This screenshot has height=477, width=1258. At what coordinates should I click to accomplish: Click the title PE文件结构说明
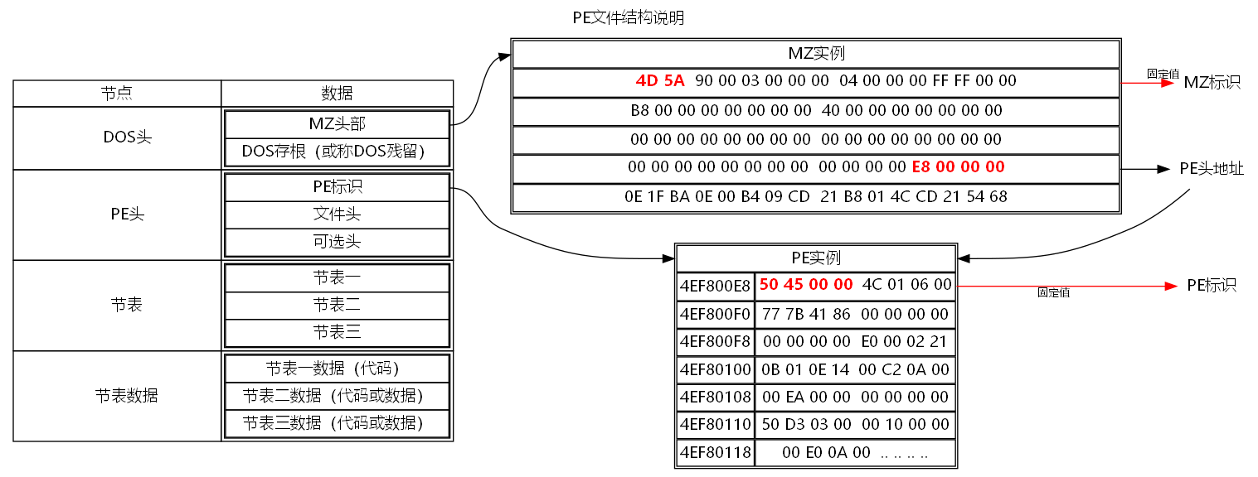point(628,17)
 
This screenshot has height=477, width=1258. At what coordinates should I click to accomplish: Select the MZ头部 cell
point(337,124)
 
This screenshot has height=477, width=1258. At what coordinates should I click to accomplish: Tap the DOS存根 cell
point(337,152)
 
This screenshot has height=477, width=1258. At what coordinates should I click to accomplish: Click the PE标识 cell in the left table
point(337,187)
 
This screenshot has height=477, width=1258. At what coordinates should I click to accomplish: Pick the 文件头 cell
point(337,214)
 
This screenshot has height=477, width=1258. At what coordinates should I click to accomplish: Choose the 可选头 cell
point(337,242)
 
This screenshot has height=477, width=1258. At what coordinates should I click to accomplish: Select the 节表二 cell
point(337,305)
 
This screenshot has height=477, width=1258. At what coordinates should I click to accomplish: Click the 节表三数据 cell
point(337,423)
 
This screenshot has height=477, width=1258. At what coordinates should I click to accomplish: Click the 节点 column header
point(117,93)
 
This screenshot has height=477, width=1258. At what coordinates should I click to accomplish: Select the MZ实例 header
point(816,54)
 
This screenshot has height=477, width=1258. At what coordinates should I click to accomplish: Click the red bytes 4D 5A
point(660,81)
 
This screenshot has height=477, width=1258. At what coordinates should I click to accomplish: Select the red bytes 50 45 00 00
point(806,284)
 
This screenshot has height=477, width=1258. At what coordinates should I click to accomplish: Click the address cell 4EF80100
point(715,369)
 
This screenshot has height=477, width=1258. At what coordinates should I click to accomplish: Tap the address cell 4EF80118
point(715,453)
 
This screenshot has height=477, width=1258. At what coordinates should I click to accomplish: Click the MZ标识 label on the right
point(1212,82)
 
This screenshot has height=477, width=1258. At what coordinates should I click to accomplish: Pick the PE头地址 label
point(1212,169)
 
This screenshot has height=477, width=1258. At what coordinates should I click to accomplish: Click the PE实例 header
point(816,258)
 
